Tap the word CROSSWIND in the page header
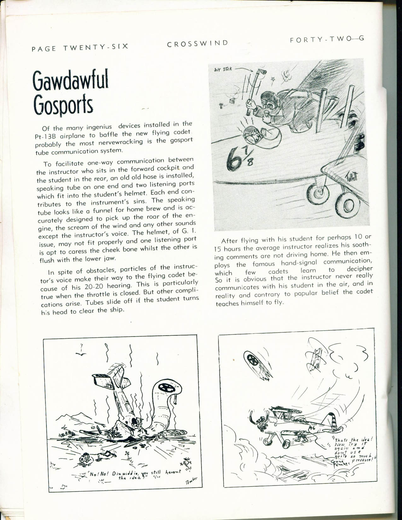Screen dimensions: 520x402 click(197, 43)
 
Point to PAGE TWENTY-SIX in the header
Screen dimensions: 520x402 click(80, 47)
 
